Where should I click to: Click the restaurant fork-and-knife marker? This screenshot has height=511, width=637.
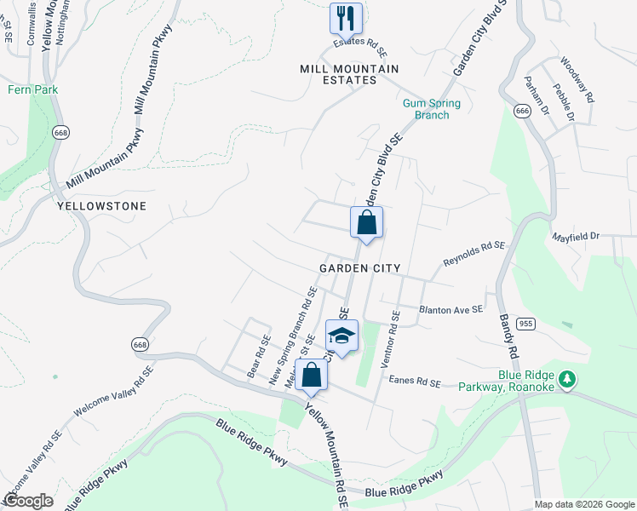(346, 17)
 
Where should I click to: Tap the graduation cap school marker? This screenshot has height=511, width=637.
(341, 336)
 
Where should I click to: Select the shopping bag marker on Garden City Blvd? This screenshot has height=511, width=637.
(366, 223)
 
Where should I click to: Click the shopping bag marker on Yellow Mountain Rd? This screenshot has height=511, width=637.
(312, 375)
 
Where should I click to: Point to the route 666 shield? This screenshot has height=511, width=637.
(522, 111)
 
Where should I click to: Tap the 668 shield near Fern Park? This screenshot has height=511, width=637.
(60, 132)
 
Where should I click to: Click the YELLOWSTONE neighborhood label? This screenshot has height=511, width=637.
(101, 206)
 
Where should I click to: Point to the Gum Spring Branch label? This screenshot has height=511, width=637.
(431, 109)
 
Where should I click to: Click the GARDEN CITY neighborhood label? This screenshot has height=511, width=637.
(359, 267)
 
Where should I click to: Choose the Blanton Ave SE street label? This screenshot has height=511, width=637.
(450, 309)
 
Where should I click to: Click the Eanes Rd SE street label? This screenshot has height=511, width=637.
(415, 383)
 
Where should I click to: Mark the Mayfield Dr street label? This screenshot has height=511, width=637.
(576, 236)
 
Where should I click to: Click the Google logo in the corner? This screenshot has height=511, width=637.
(28, 501)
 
